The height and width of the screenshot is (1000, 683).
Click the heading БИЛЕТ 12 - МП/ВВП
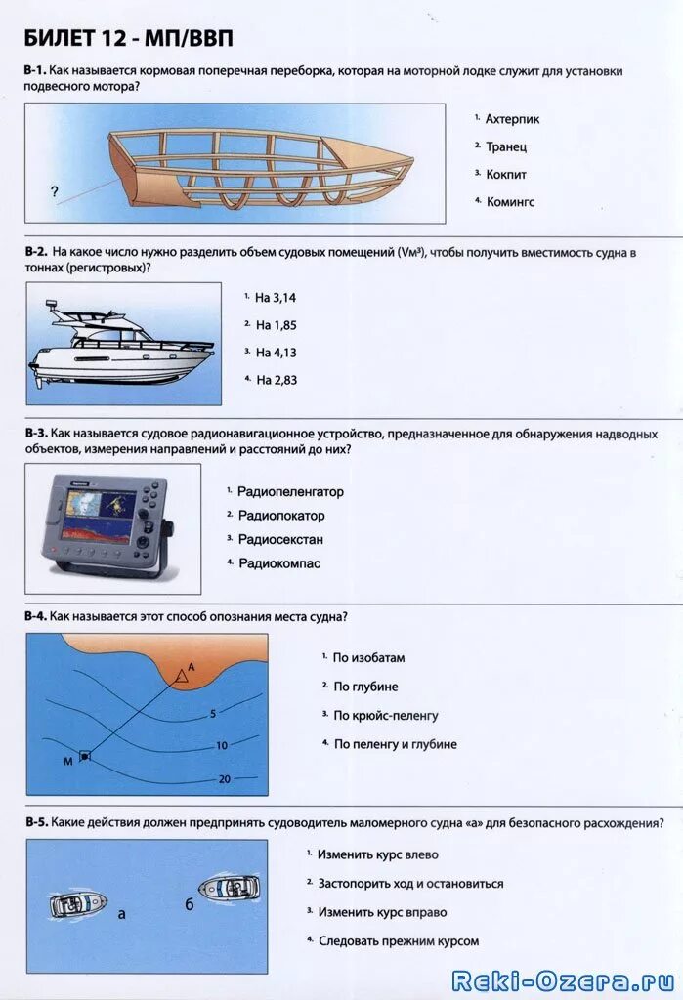coord(129,38)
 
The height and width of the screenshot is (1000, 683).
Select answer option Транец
coord(506,146)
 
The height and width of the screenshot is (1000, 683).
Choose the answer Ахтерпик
coord(512,119)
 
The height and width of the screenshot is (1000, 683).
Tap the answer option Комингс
coord(510,202)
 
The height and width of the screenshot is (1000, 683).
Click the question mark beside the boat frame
coord(54,192)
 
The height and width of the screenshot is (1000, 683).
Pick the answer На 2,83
coord(276,380)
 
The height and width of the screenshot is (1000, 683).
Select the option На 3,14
coord(276,298)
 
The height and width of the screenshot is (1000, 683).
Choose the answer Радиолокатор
coord(281,516)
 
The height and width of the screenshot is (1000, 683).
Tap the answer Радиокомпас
coord(279,563)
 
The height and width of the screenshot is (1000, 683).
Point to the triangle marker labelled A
coord(181,675)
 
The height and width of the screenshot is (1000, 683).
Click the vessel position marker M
coord(85,755)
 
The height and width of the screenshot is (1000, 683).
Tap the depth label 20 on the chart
coord(225,778)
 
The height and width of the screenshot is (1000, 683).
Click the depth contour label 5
coord(212,714)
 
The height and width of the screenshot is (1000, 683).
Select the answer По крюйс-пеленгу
coord(386,716)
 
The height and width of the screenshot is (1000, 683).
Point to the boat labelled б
coord(230,888)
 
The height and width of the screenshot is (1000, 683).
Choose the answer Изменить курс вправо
coord(382,912)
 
